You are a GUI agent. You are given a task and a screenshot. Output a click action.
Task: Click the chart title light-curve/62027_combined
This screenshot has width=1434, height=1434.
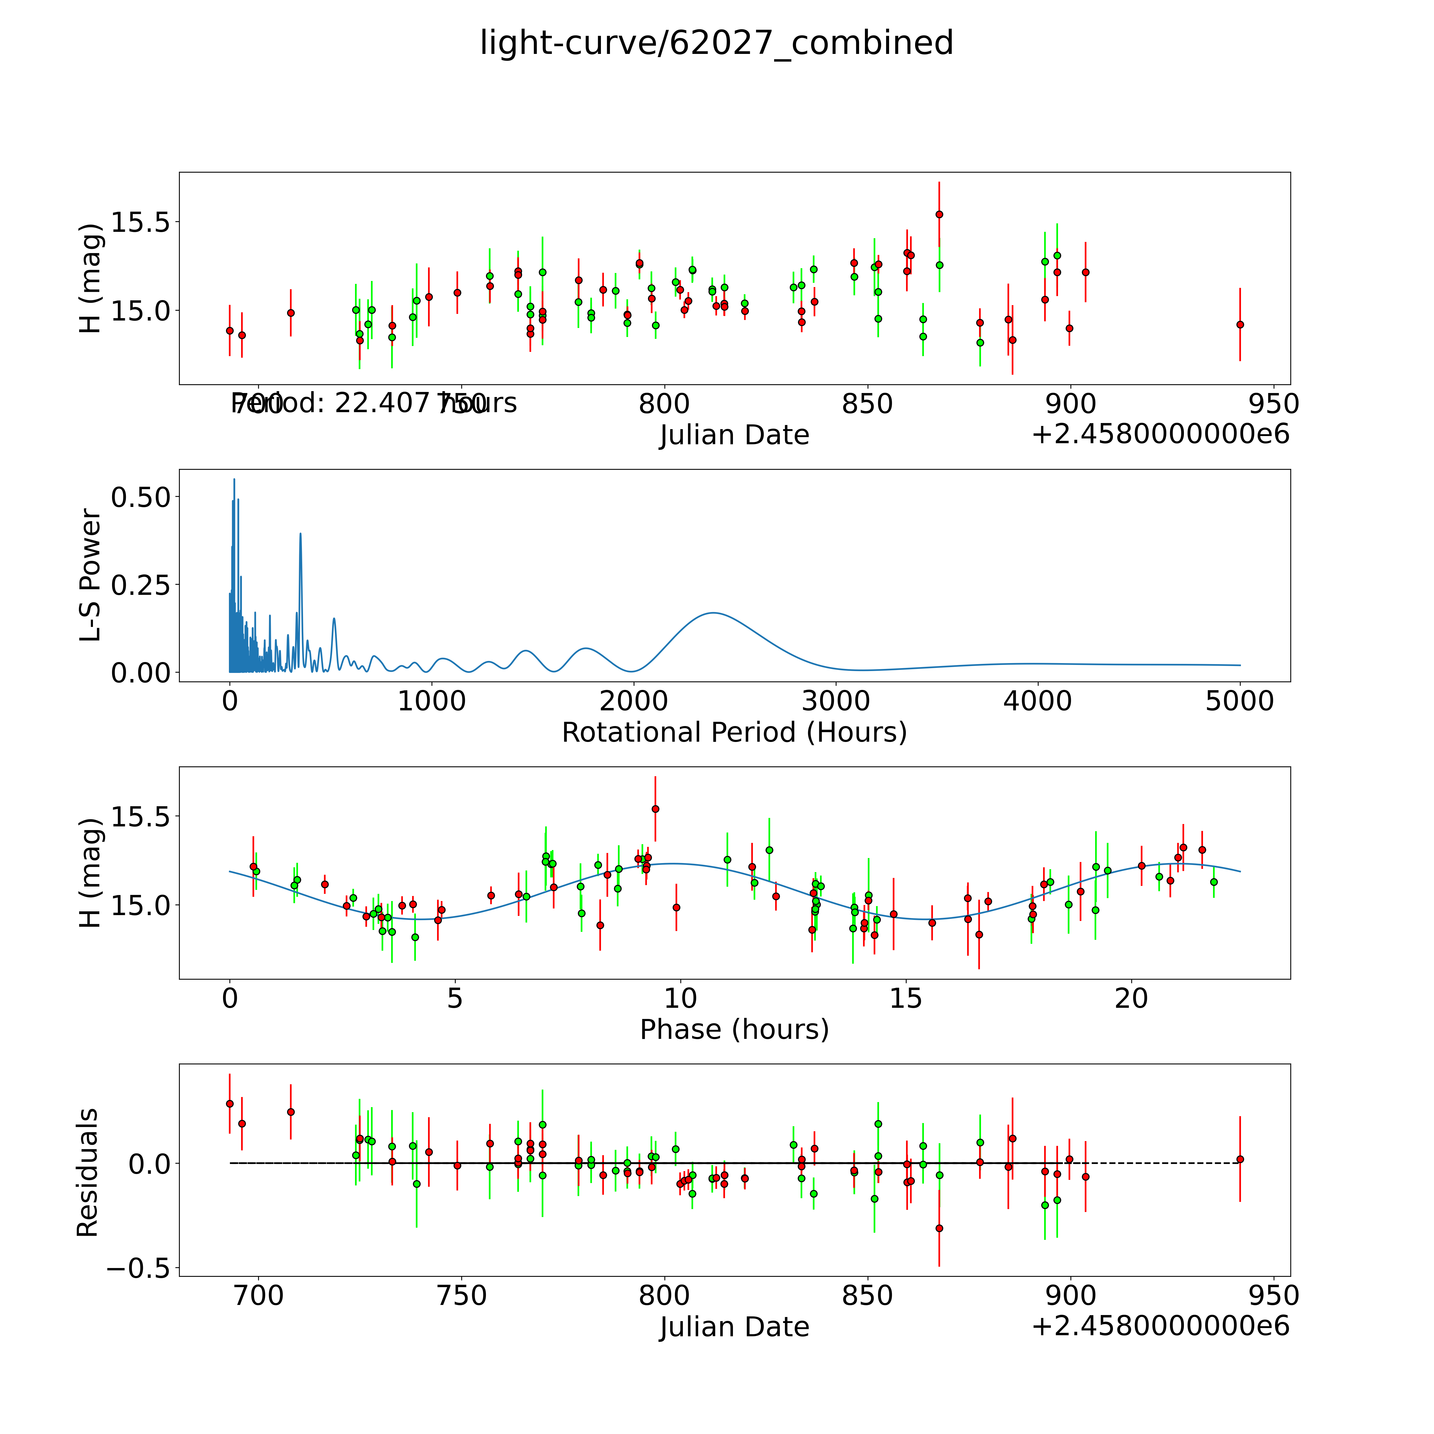[716, 43]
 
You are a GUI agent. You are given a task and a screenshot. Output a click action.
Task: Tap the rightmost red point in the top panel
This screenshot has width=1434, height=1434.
[1240, 324]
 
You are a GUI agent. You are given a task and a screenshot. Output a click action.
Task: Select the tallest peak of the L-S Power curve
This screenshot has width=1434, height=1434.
[234, 480]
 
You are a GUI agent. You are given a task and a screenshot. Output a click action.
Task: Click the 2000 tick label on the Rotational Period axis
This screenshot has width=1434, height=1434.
[633, 701]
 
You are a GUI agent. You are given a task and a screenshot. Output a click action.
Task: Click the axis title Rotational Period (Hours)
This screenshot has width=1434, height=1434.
[734, 733]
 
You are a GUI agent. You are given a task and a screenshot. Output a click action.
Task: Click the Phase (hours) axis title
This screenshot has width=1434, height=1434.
[734, 1030]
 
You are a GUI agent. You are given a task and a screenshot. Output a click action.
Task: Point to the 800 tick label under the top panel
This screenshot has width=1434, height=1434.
[664, 404]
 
